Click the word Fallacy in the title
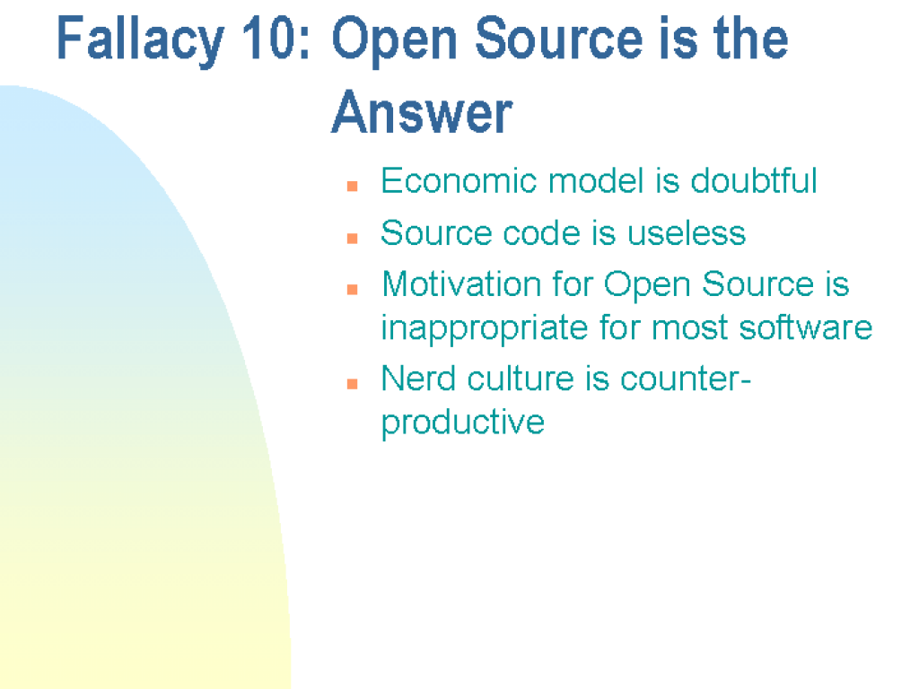[140, 39]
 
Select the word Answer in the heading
[422, 112]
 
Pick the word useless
[687, 232]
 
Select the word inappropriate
[485, 328]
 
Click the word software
[805, 327]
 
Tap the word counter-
[686, 379]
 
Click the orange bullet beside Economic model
[352, 187]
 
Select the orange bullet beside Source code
[352, 238]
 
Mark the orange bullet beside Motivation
[352, 289]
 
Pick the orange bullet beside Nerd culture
[352, 384]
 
